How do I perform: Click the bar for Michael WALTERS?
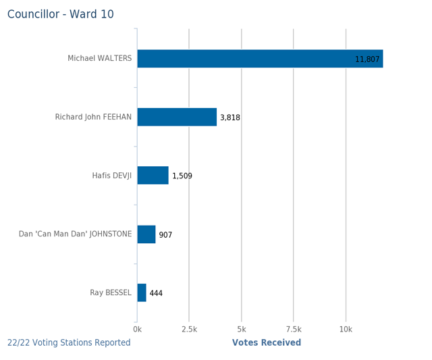(260, 59)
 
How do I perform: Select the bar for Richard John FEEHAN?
(177, 117)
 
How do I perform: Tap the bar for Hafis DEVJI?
(153, 176)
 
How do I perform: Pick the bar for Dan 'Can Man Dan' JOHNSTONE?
(146, 234)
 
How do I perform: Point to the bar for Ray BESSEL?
(142, 292)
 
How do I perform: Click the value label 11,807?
(367, 59)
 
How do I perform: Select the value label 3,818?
(230, 118)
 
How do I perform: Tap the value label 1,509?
(182, 176)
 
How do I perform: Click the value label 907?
(165, 235)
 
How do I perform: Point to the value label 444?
(156, 293)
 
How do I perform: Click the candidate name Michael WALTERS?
(100, 59)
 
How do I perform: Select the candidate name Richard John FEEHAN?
(93, 117)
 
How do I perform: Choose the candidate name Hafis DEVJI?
(112, 176)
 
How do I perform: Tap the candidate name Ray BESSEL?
(111, 292)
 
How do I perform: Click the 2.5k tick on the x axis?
(189, 330)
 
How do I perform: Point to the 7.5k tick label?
(294, 330)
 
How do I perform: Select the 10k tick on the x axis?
(346, 330)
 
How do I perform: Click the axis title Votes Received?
(267, 343)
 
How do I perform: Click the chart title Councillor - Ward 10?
(61, 14)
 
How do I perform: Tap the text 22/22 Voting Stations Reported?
(69, 343)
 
